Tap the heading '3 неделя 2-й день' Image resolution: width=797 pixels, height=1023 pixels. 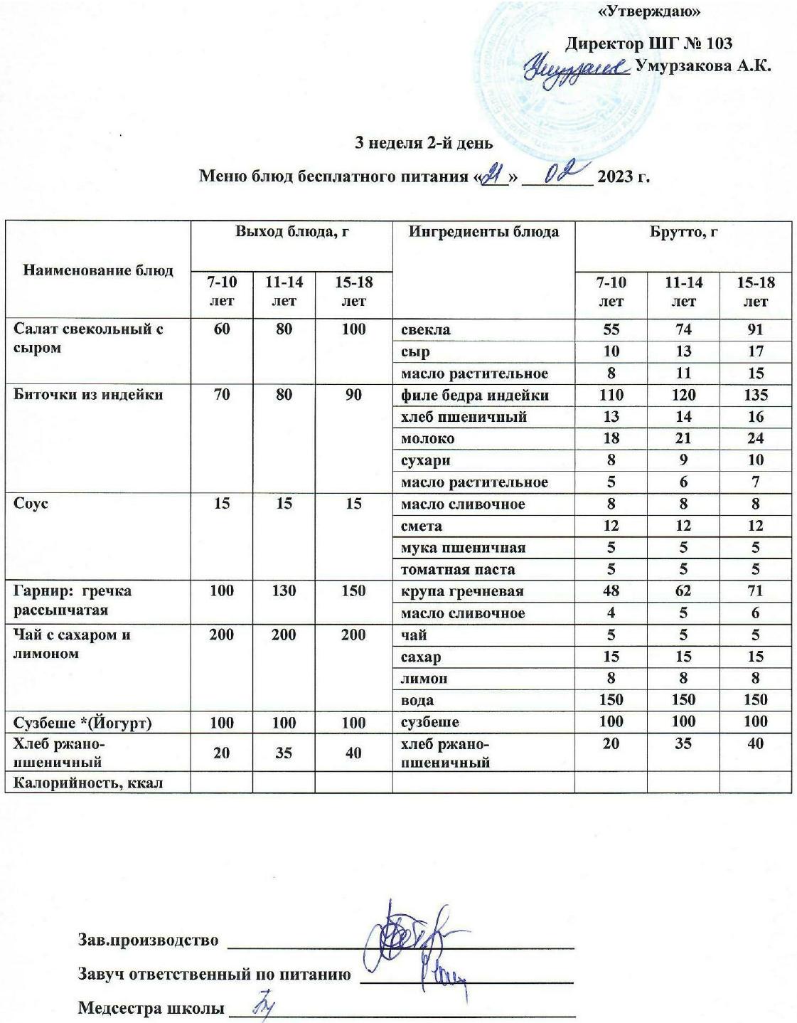[x=424, y=143]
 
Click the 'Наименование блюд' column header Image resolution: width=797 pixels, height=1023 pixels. [x=98, y=270]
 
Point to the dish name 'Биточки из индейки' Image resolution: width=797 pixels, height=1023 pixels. [x=88, y=395]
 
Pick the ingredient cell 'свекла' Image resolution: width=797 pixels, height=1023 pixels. [x=425, y=329]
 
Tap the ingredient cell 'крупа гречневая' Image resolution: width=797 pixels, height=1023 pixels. [x=462, y=591]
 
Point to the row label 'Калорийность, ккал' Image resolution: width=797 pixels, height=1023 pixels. [x=88, y=783]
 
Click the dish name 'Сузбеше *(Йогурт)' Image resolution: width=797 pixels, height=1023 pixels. [x=82, y=722]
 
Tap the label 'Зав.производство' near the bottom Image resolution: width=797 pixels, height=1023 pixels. [x=148, y=940]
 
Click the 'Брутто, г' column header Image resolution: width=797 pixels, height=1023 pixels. [x=683, y=232]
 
